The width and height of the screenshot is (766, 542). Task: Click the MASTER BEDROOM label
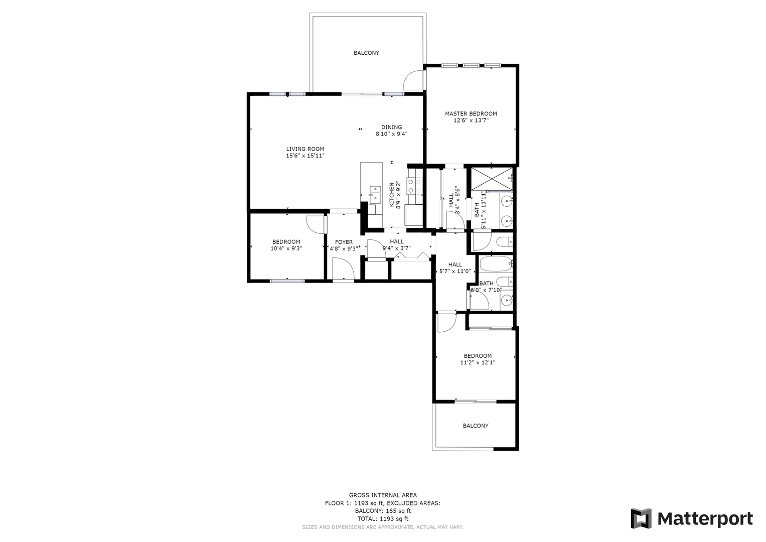(471, 113)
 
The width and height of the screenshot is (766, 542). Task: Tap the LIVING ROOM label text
(305, 149)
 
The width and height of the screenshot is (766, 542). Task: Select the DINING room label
(392, 127)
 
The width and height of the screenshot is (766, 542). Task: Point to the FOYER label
(344, 242)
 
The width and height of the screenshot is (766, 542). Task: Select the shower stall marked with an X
(492, 179)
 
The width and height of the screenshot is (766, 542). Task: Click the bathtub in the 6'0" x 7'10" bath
(496, 263)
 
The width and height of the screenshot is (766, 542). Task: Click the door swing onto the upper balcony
(413, 80)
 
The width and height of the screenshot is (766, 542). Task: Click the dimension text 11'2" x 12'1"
(478, 362)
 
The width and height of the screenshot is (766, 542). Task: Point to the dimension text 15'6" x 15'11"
(305, 156)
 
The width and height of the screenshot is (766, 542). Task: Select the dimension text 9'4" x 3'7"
(397, 248)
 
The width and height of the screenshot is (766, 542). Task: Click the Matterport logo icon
(641, 519)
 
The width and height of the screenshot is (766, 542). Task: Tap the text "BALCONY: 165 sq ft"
(383, 511)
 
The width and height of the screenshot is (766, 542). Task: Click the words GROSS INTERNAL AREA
(383, 495)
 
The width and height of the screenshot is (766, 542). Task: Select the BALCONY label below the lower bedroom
(476, 426)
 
